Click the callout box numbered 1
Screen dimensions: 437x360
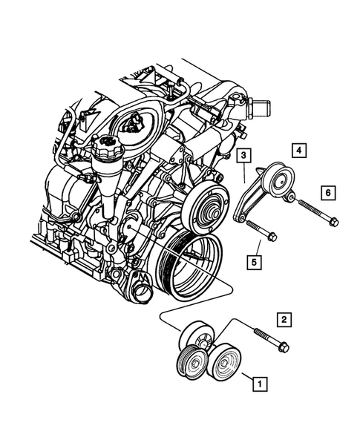tap(259, 384)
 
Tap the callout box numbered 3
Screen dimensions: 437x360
tap(243, 155)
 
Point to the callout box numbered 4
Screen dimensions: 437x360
tap(298, 150)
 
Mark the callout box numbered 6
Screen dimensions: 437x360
tap(326, 192)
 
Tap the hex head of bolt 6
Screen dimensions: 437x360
tap(333, 220)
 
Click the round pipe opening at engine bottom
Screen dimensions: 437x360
tap(141, 292)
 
